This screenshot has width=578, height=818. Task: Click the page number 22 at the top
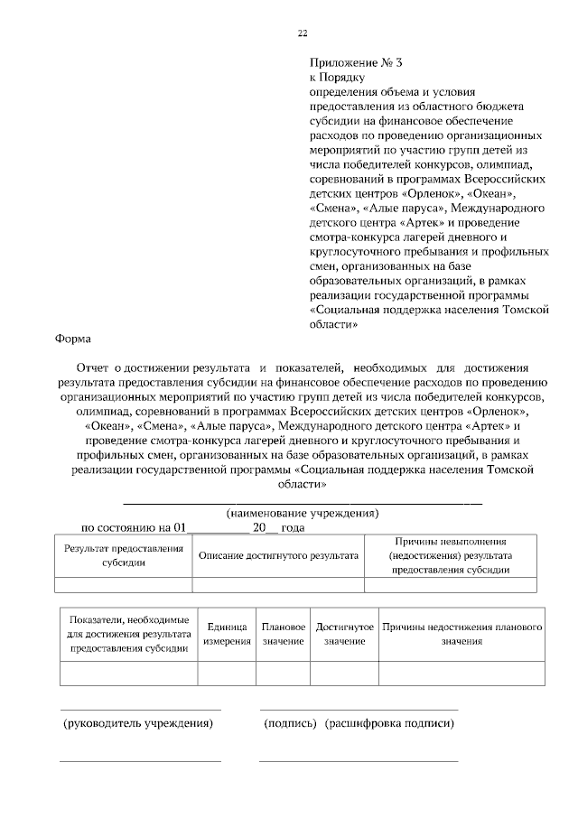[303, 33]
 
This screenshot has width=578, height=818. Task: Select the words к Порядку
[333, 78]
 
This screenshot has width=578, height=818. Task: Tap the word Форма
[72, 339]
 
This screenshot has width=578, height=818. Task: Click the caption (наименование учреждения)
[302, 513]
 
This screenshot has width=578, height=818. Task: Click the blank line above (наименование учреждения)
[302, 501]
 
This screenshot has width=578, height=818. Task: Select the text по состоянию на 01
[134, 527]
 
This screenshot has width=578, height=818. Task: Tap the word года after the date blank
[293, 527]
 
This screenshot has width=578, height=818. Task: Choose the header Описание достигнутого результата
[278, 555]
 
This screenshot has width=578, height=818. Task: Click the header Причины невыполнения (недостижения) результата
[451, 555]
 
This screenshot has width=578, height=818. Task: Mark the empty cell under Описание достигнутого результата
[278, 584]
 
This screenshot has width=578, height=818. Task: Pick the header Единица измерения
[227, 634]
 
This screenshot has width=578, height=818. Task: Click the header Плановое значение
[284, 634]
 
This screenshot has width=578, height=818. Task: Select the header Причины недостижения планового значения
[461, 634]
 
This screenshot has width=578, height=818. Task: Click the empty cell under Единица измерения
[227, 674]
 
